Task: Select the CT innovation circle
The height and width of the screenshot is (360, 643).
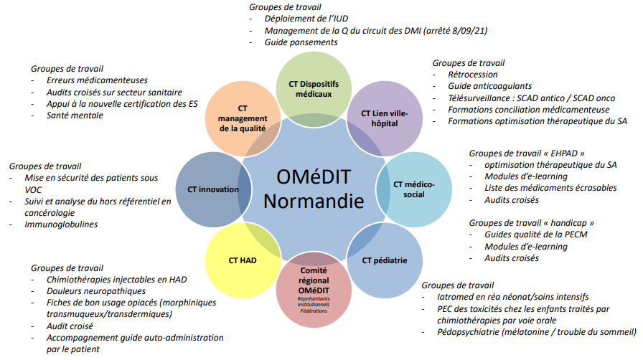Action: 212,189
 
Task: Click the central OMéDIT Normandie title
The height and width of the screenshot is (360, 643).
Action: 314,189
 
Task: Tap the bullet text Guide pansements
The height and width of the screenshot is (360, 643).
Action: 301,42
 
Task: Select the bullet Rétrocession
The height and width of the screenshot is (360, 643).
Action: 472,74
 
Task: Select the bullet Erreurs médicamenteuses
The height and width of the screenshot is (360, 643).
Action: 96,80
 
